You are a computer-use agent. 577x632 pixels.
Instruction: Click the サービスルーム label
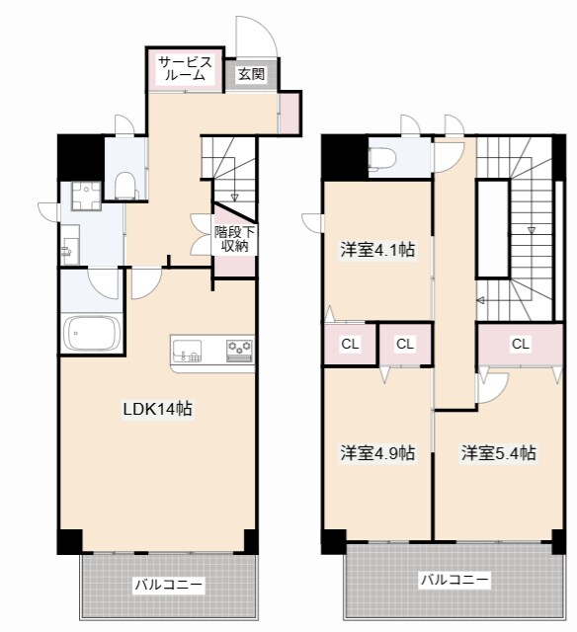(x=185, y=68)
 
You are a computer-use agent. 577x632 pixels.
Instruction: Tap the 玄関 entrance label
(x=251, y=74)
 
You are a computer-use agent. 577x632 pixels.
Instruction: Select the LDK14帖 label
(x=158, y=409)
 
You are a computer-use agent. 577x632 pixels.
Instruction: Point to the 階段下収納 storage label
(x=234, y=239)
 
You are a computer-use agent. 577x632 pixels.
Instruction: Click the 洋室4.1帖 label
(x=377, y=250)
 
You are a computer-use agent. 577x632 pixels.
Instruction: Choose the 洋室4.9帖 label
(x=377, y=452)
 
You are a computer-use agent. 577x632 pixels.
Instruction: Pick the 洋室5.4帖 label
(x=499, y=452)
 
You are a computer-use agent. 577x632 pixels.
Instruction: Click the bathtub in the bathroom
(x=92, y=334)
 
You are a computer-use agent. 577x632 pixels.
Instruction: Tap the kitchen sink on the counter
(x=187, y=351)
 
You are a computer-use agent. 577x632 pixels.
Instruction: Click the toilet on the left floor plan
(x=125, y=185)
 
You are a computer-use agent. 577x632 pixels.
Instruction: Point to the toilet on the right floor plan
(x=381, y=158)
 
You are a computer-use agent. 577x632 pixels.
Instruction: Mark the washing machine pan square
(x=86, y=196)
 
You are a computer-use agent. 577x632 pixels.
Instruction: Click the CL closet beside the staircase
(x=520, y=344)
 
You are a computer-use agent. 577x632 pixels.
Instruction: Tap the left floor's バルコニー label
(x=169, y=585)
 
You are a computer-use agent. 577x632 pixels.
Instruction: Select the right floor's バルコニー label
(x=454, y=581)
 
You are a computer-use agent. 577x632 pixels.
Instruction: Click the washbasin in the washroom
(x=69, y=245)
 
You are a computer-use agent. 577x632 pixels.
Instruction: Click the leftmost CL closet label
(x=350, y=344)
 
